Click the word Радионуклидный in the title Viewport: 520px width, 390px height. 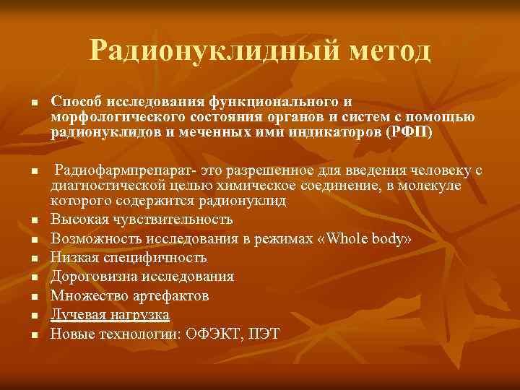(x=193, y=51)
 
